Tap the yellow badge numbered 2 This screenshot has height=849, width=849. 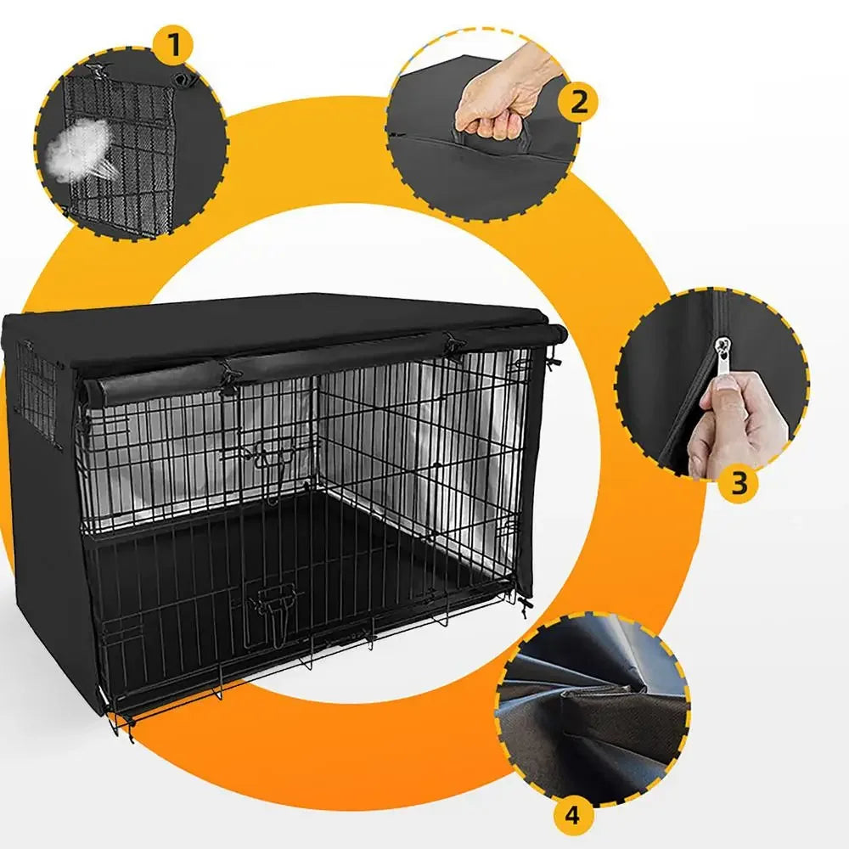[578, 102]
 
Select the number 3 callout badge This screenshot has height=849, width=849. [738, 482]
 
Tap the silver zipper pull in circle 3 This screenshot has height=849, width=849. [722, 346]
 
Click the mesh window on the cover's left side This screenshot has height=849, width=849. [34, 391]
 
